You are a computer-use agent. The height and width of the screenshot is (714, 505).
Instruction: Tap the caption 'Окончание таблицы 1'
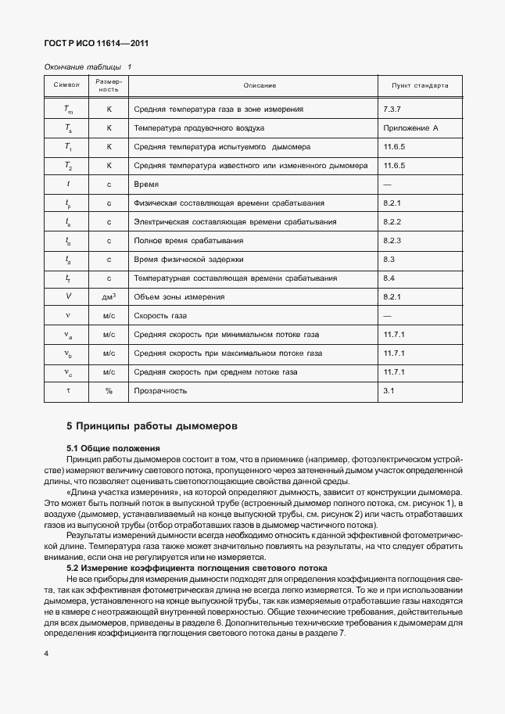tap(88, 67)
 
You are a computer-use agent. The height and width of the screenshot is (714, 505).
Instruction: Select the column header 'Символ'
tap(66, 85)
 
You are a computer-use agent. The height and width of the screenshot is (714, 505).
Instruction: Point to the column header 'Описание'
tap(260, 85)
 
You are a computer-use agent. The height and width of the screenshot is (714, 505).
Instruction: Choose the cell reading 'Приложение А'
tap(411, 127)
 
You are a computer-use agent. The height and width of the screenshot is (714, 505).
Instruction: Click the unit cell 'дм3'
tap(109, 297)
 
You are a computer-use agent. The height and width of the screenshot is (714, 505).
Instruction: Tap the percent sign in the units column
tap(109, 390)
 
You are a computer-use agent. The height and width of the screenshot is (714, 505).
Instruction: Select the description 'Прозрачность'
tap(160, 390)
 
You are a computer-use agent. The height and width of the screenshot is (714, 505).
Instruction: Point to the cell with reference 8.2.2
tap(392, 221)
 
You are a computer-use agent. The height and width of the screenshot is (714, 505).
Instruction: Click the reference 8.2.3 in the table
tap(392, 240)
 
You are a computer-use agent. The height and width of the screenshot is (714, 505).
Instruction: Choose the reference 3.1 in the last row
tap(389, 390)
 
